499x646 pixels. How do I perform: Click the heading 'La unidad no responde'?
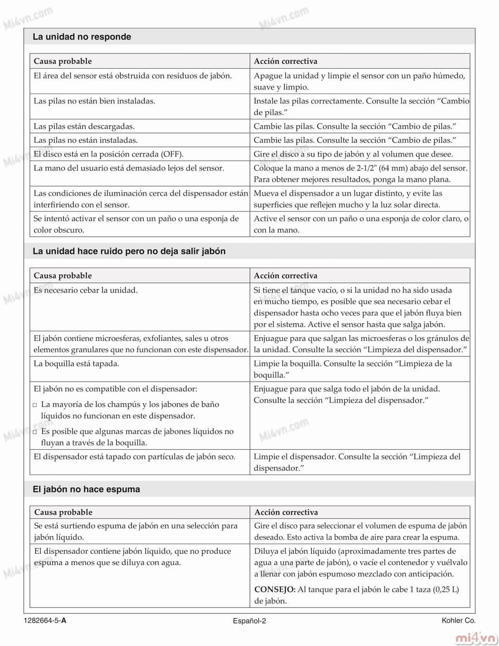tap(82, 37)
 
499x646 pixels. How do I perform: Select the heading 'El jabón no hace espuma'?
tap(86, 489)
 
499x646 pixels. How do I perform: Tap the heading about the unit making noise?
tap(129, 251)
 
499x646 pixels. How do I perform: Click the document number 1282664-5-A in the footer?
tap(45, 621)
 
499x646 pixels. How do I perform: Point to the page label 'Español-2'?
tap(249, 621)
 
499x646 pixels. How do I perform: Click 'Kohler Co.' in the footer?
tap(458, 620)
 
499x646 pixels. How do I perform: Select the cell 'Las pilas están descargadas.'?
tap(84, 126)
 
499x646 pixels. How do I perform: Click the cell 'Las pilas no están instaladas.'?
tap(85, 140)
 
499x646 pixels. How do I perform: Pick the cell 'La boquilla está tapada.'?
tap(76, 363)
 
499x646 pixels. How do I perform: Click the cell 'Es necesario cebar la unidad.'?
tap(85, 290)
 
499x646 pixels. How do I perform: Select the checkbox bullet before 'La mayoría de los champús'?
tap(35, 405)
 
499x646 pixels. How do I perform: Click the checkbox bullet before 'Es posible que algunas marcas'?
tap(35, 432)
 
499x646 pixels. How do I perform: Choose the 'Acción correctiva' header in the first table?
tap(285, 61)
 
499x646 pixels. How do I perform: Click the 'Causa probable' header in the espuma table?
tap(63, 512)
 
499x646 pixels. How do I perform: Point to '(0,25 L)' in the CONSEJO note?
tap(446, 590)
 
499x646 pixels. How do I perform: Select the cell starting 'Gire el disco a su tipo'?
tap(353, 154)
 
